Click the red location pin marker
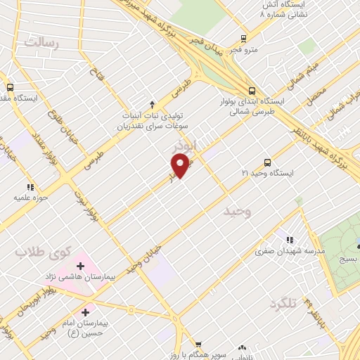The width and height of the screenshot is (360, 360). pos(181,166)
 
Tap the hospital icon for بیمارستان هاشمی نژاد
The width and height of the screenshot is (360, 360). pos(80,266)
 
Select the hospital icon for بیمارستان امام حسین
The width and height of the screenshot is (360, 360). pos(86,311)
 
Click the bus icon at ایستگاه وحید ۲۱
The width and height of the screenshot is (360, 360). pos(266,162)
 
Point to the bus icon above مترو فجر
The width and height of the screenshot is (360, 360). pos(243,39)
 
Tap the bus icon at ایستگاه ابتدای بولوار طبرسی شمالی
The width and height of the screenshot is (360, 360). pos(252,90)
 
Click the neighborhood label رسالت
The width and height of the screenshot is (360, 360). pos(42,41)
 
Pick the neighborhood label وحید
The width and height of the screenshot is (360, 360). pos(237,210)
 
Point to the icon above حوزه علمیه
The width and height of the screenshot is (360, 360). pos(30,187)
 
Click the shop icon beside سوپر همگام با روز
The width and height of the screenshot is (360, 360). pos(198,345)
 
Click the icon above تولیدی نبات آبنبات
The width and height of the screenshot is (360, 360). pos(153,103)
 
